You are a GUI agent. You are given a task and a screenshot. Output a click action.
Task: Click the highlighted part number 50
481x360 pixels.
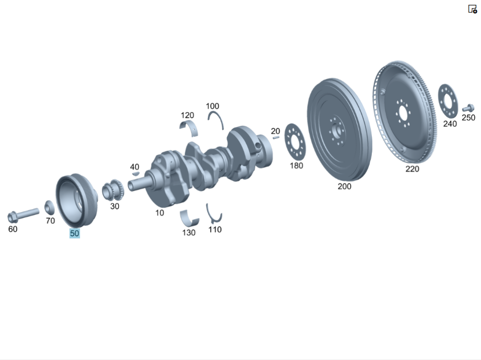tap(75, 234)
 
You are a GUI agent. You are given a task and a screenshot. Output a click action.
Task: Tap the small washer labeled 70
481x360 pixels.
tap(50, 207)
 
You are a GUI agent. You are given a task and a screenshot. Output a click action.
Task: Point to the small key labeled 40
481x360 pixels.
tap(135, 174)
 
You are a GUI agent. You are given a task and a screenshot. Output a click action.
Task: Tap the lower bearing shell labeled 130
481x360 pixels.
tap(189, 218)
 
